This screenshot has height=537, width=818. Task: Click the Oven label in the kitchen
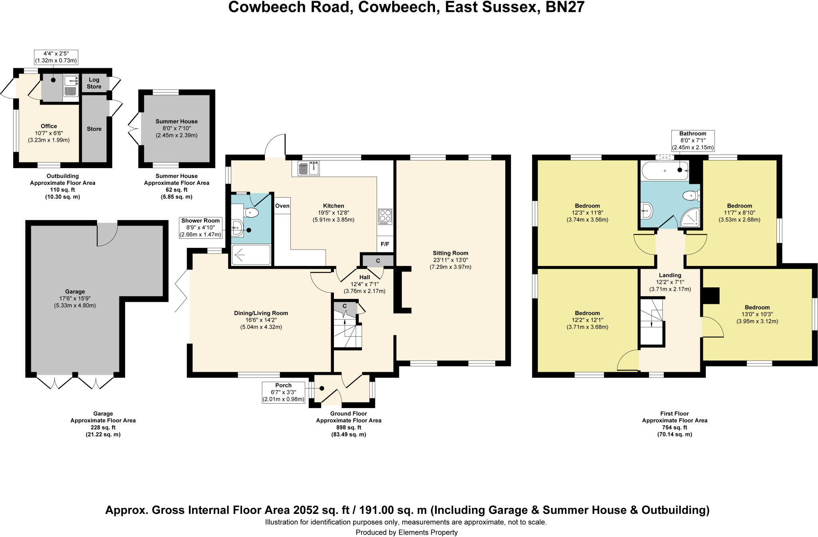[282, 206]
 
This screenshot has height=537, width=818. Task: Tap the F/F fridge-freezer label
[385, 244]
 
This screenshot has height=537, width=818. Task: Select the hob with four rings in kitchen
[385, 216]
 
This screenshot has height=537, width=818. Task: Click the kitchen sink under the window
[309, 168]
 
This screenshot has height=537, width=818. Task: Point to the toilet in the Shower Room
[252, 212]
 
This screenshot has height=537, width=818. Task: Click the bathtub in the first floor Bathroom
[665, 170]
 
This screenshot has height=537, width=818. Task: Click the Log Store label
[94, 83]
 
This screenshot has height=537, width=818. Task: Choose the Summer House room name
[177, 121]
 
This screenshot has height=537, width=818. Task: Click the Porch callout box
[283, 392]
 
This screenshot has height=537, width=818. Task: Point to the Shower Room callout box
[201, 228]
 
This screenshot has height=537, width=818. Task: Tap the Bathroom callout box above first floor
[693, 141]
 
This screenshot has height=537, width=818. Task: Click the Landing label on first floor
[670, 275]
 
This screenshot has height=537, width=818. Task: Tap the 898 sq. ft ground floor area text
[348, 427]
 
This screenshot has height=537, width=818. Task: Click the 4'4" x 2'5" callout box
[56, 57]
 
